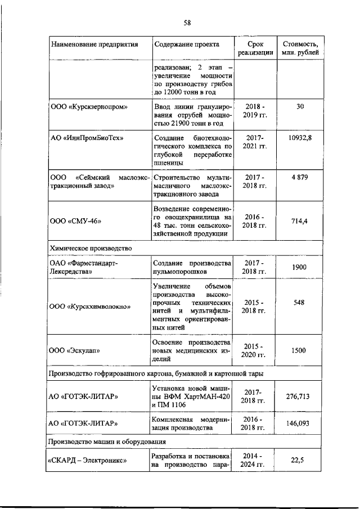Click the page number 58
click(187, 23)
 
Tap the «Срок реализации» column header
click(255, 48)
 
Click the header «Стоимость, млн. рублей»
click(300, 48)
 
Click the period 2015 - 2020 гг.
click(255, 350)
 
